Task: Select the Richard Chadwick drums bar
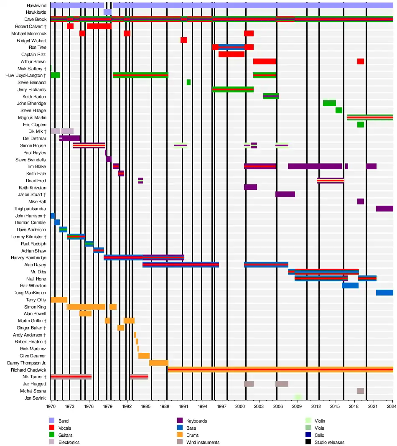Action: coord(280,370)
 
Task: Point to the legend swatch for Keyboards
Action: coord(181,421)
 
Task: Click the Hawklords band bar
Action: coord(107,13)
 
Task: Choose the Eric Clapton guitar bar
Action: coord(360,125)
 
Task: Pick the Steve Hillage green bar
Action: coord(338,110)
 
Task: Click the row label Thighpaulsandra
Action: coord(30,209)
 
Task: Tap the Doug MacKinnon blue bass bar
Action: coord(384,293)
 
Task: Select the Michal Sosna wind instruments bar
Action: coord(360,391)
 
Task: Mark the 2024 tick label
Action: coord(392,406)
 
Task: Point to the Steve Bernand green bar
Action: coord(188,82)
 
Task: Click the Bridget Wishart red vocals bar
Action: coord(184,41)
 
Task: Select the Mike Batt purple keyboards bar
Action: coord(360,201)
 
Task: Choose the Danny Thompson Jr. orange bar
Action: coord(159,363)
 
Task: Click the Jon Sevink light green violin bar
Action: coord(298,398)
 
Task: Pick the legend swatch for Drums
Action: coord(181,435)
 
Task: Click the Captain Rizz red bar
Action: coord(231,54)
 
